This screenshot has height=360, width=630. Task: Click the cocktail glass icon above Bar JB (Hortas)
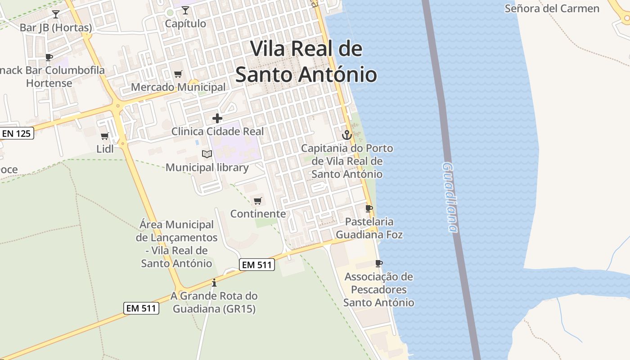pos(56,14)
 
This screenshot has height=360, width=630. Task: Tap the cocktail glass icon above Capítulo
pos(185,10)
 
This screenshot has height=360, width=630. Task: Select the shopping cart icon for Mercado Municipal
pos(178,74)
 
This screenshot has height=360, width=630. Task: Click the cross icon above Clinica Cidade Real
pos(217,118)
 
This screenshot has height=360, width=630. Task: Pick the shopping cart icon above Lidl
pos(105,135)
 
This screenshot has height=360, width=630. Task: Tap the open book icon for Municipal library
pos(207,154)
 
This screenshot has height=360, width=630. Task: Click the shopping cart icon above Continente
pos(258,201)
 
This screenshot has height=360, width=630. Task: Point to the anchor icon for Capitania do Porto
pos(346,135)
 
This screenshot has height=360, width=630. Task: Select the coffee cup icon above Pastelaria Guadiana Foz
pos(369,208)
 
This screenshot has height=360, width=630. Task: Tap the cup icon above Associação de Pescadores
pos(379,263)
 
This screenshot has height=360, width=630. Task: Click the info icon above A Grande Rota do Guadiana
pos(214,283)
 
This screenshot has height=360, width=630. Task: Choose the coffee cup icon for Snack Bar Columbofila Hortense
pos(49,57)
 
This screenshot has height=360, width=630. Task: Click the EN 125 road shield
pos(17,133)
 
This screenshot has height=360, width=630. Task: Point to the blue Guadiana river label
pos(450,198)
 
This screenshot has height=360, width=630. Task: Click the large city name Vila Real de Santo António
pos(306,62)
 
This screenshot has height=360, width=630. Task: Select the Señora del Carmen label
pos(552,9)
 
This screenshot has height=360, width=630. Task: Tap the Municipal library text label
pos(207,168)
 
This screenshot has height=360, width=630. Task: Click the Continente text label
pos(258,214)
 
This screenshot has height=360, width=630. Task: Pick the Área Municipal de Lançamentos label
pos(176,243)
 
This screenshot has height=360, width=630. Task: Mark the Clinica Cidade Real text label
pos(217,132)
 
